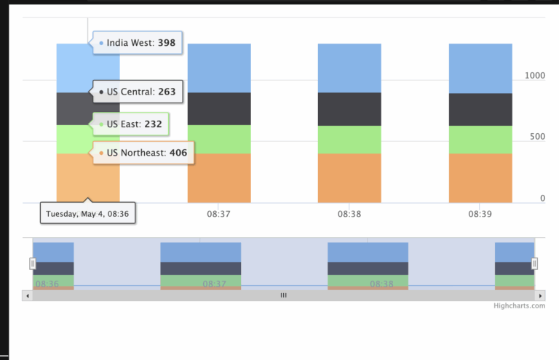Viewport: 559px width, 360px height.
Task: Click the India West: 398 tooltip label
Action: (138, 43)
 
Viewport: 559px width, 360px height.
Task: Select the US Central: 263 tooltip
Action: (138, 92)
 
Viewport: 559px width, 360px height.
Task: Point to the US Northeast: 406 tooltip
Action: (143, 153)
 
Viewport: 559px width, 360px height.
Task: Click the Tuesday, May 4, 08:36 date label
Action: (87, 214)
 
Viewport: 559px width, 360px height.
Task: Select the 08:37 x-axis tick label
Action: (218, 215)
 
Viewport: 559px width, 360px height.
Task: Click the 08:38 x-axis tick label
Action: (349, 215)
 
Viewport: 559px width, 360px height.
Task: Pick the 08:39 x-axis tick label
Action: (480, 215)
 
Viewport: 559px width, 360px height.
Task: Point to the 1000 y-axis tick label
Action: (535, 76)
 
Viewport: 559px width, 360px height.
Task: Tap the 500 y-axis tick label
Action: (537, 137)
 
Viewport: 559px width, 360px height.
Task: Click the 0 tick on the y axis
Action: (542, 198)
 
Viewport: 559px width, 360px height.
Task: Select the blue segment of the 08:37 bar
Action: (219, 68)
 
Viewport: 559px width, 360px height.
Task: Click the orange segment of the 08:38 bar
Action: (349, 177)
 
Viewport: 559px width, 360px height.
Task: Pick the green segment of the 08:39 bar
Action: (480, 140)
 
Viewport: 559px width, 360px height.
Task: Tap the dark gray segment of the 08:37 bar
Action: (219, 108)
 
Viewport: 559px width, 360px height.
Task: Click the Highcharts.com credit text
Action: (519, 306)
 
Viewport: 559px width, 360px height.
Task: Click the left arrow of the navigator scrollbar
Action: (28, 295)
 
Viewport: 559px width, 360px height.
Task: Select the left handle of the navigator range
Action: (32, 263)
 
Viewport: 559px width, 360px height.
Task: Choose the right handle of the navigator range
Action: (534, 263)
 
